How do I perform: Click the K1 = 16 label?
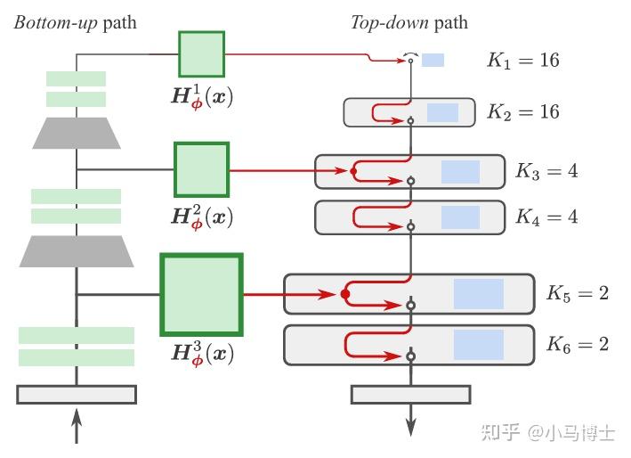coord(522,61)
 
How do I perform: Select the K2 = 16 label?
coord(522,112)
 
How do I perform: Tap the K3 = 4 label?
coord(546,171)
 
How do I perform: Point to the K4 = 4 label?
coord(546,217)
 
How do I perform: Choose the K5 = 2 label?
coord(577,293)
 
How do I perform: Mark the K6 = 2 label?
coord(577,344)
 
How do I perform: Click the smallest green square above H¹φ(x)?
coord(201,53)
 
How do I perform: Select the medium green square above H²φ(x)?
coord(201,169)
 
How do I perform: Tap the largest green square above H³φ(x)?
coord(201,294)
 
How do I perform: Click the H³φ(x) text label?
coord(202,353)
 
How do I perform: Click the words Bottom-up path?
coord(75,22)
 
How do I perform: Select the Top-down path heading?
coord(409,22)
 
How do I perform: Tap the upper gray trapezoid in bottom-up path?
coord(77,133)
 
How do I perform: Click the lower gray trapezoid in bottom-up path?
coord(77,251)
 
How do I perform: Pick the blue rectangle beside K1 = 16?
coord(433,61)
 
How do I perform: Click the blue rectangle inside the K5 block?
coord(478,294)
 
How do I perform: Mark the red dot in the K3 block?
coord(353,170)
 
